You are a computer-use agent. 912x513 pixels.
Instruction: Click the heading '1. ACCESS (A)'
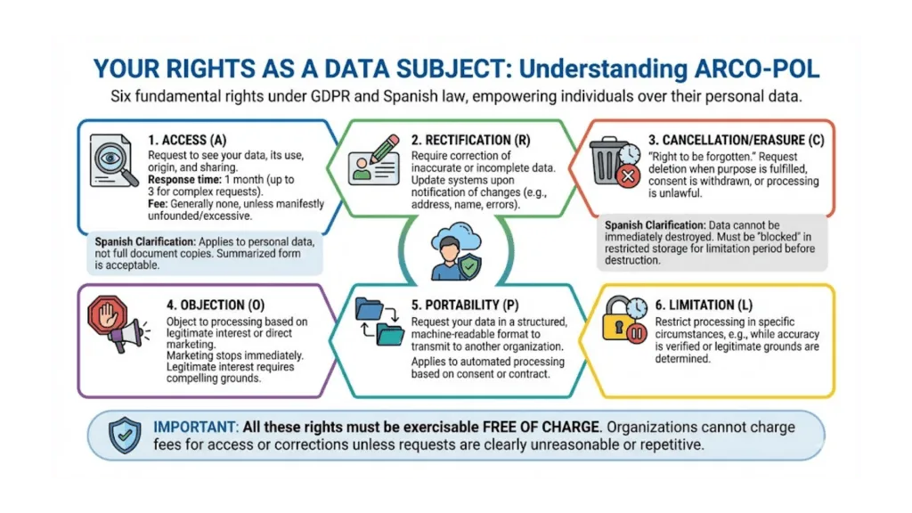tap(190, 141)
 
